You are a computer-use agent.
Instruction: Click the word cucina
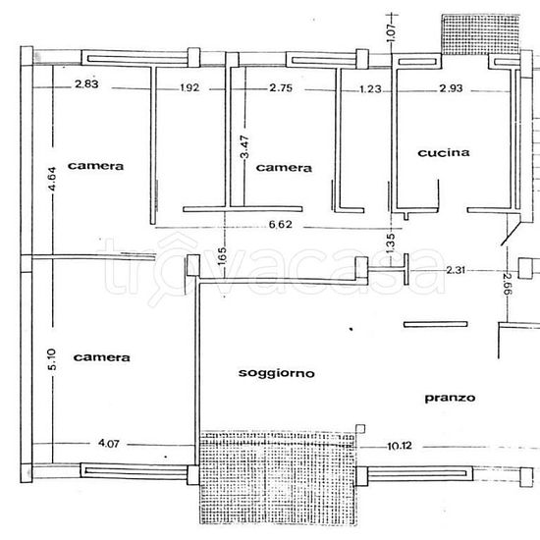pos(444,152)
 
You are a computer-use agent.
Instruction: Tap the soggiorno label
pos(277,373)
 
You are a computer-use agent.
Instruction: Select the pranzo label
pos(450,398)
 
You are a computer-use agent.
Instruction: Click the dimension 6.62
pos(281,225)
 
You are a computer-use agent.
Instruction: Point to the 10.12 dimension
pos(400,446)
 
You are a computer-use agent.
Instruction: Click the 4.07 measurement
pos(109,443)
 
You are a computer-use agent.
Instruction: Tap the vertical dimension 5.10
pos(52,359)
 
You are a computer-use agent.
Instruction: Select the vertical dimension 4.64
pos(52,179)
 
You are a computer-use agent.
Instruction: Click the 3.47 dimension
pos(244,146)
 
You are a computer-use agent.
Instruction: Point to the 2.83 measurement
pos(86,84)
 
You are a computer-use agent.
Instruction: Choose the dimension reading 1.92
pos(189,87)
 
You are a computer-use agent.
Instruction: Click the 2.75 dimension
pos(281,87)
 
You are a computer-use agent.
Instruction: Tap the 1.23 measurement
pos(370,89)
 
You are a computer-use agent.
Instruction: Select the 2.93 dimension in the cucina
pos(451,88)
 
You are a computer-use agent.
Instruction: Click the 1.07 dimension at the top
pos(391,32)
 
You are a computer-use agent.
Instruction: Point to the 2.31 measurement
pos(456,270)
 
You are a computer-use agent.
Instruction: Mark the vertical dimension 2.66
pos(508,284)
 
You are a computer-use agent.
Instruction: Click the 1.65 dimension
pos(223,256)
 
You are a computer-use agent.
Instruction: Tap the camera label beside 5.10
pos(101,357)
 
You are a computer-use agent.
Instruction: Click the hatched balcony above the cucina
pos(480,34)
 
